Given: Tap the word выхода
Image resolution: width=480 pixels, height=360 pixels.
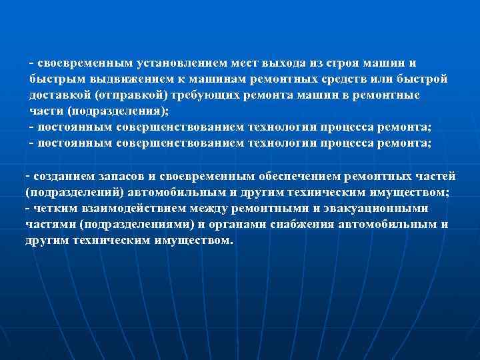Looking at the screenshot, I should point(283,63).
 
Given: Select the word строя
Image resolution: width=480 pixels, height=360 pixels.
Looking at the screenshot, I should point(338,63).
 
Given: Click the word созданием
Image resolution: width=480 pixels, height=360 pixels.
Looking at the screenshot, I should point(61,177).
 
